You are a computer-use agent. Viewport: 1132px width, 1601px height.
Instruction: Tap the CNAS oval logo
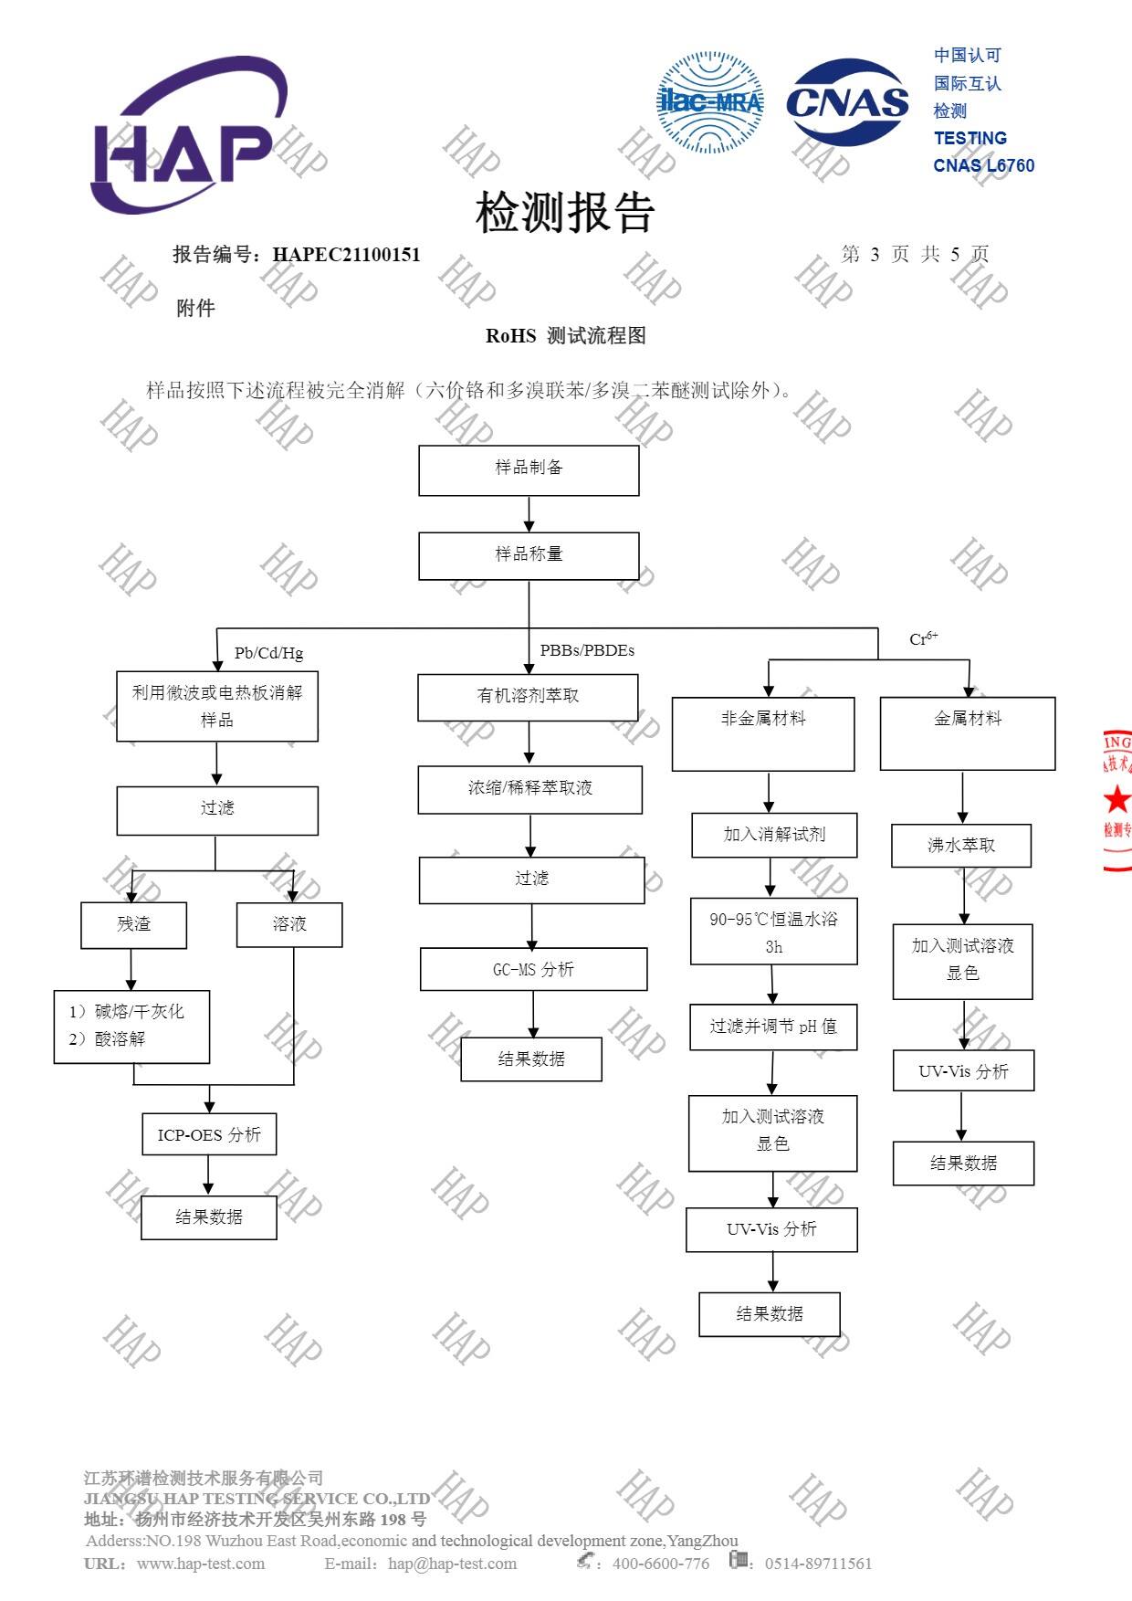pyautogui.click(x=847, y=102)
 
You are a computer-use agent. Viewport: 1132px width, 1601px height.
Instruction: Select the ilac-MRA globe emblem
pyautogui.click(x=710, y=102)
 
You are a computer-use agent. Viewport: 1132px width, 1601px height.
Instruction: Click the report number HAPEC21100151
pyautogui.click(x=346, y=255)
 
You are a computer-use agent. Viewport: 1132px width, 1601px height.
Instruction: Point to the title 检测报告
pyautogui.click(x=565, y=213)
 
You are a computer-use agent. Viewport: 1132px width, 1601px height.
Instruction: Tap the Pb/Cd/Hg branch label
pyautogui.click(x=268, y=653)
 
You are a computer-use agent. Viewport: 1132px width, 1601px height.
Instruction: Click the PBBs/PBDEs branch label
pyautogui.click(x=587, y=650)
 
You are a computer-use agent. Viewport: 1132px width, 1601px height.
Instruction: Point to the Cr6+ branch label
pyautogui.click(x=923, y=638)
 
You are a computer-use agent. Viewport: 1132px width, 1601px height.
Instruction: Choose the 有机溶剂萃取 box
pyautogui.click(x=528, y=697)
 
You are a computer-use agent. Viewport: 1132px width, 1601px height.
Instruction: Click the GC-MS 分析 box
pyautogui.click(x=533, y=969)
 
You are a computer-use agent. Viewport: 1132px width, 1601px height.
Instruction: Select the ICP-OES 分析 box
pyautogui.click(x=209, y=1134)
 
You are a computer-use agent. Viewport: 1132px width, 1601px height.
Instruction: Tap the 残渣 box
pyautogui.click(x=133, y=925)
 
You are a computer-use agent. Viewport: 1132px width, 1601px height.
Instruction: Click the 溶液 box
pyautogui.click(x=289, y=925)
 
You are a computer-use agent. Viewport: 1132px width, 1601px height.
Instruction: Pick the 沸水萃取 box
pyautogui.click(x=961, y=846)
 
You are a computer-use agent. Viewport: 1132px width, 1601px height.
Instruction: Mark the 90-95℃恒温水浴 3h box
pyautogui.click(x=773, y=932)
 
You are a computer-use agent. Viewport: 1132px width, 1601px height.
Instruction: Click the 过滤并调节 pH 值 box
pyautogui.click(x=773, y=1027)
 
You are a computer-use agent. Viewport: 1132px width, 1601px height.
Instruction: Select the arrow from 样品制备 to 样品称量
pyautogui.click(x=529, y=514)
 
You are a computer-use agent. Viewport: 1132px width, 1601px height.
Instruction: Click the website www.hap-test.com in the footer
pyautogui.click(x=201, y=1564)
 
